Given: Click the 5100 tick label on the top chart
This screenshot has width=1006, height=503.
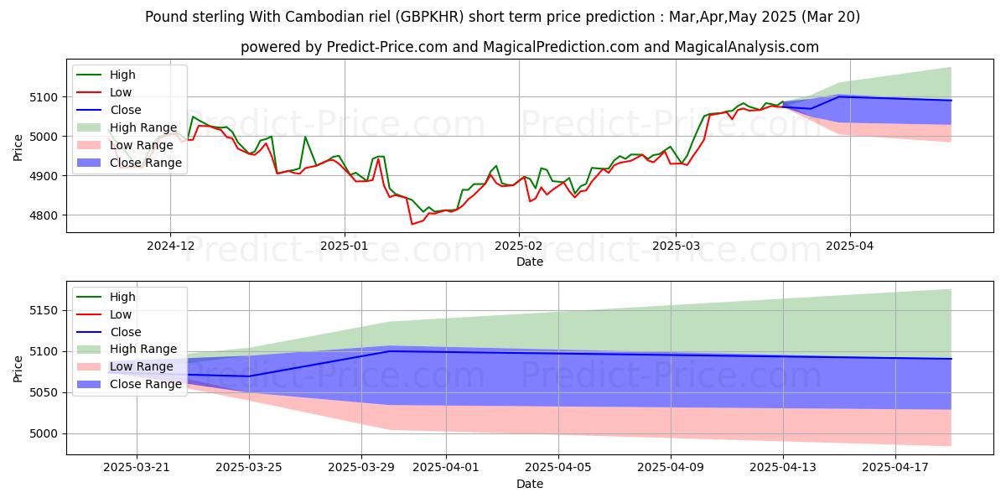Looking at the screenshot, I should tap(45, 97).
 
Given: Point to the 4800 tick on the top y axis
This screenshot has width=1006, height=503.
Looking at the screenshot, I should tap(45, 215).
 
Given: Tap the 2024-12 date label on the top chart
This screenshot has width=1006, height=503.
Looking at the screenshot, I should tap(170, 246).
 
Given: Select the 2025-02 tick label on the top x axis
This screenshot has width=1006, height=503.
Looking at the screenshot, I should tap(518, 246).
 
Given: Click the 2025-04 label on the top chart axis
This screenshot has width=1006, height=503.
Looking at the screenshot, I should tap(850, 246).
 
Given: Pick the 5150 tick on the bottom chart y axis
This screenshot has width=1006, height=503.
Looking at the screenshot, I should tap(45, 311).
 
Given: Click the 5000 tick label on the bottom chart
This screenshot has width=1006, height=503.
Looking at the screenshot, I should tap(45, 434).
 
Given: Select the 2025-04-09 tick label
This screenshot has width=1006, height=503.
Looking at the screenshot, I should tap(671, 467).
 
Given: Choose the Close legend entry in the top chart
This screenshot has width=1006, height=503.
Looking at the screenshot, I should tap(126, 110).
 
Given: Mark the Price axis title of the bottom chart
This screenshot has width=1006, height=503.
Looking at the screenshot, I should tap(18, 369).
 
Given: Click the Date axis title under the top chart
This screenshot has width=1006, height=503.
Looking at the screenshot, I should tap(529, 262).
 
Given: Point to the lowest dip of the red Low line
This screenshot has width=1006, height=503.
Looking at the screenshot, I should tap(412, 224).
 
